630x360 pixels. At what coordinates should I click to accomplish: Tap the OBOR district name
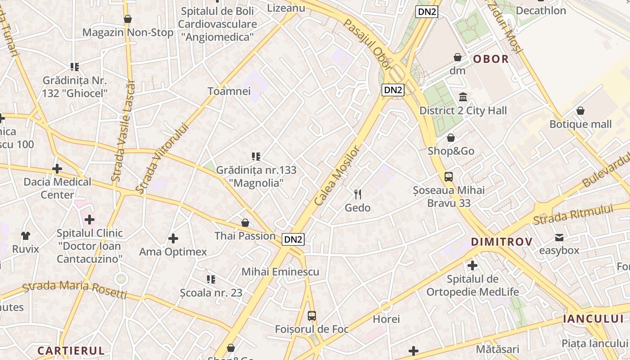pyautogui.click(x=491, y=59)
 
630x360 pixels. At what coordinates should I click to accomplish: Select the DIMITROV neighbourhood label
pyautogui.click(x=502, y=242)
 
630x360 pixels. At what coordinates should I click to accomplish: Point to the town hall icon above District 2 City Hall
pyautogui.click(x=463, y=97)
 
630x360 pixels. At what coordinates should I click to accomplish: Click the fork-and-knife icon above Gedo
pyautogui.click(x=358, y=194)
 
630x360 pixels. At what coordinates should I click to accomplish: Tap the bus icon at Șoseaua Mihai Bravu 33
pyautogui.click(x=449, y=177)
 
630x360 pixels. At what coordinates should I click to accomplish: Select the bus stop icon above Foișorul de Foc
pyautogui.click(x=312, y=316)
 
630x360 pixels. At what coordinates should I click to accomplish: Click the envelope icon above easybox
pyautogui.click(x=559, y=237)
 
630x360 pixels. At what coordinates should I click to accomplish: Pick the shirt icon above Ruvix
pyautogui.click(x=26, y=235)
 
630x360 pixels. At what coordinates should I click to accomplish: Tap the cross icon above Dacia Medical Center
pyautogui.click(x=57, y=169)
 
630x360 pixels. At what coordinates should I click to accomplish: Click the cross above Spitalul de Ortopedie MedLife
pyautogui.click(x=472, y=265)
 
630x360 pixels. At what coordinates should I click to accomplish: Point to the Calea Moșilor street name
pyautogui.click(x=337, y=175)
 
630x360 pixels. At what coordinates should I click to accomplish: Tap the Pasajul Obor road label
pyautogui.click(x=367, y=44)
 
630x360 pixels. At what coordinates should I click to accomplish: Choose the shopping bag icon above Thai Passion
pyautogui.click(x=245, y=223)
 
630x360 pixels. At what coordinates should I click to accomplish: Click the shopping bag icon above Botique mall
pyautogui.click(x=580, y=111)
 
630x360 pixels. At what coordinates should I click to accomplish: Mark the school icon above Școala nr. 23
pyautogui.click(x=211, y=279)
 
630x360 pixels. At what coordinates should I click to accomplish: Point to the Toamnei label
pyautogui.click(x=229, y=91)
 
